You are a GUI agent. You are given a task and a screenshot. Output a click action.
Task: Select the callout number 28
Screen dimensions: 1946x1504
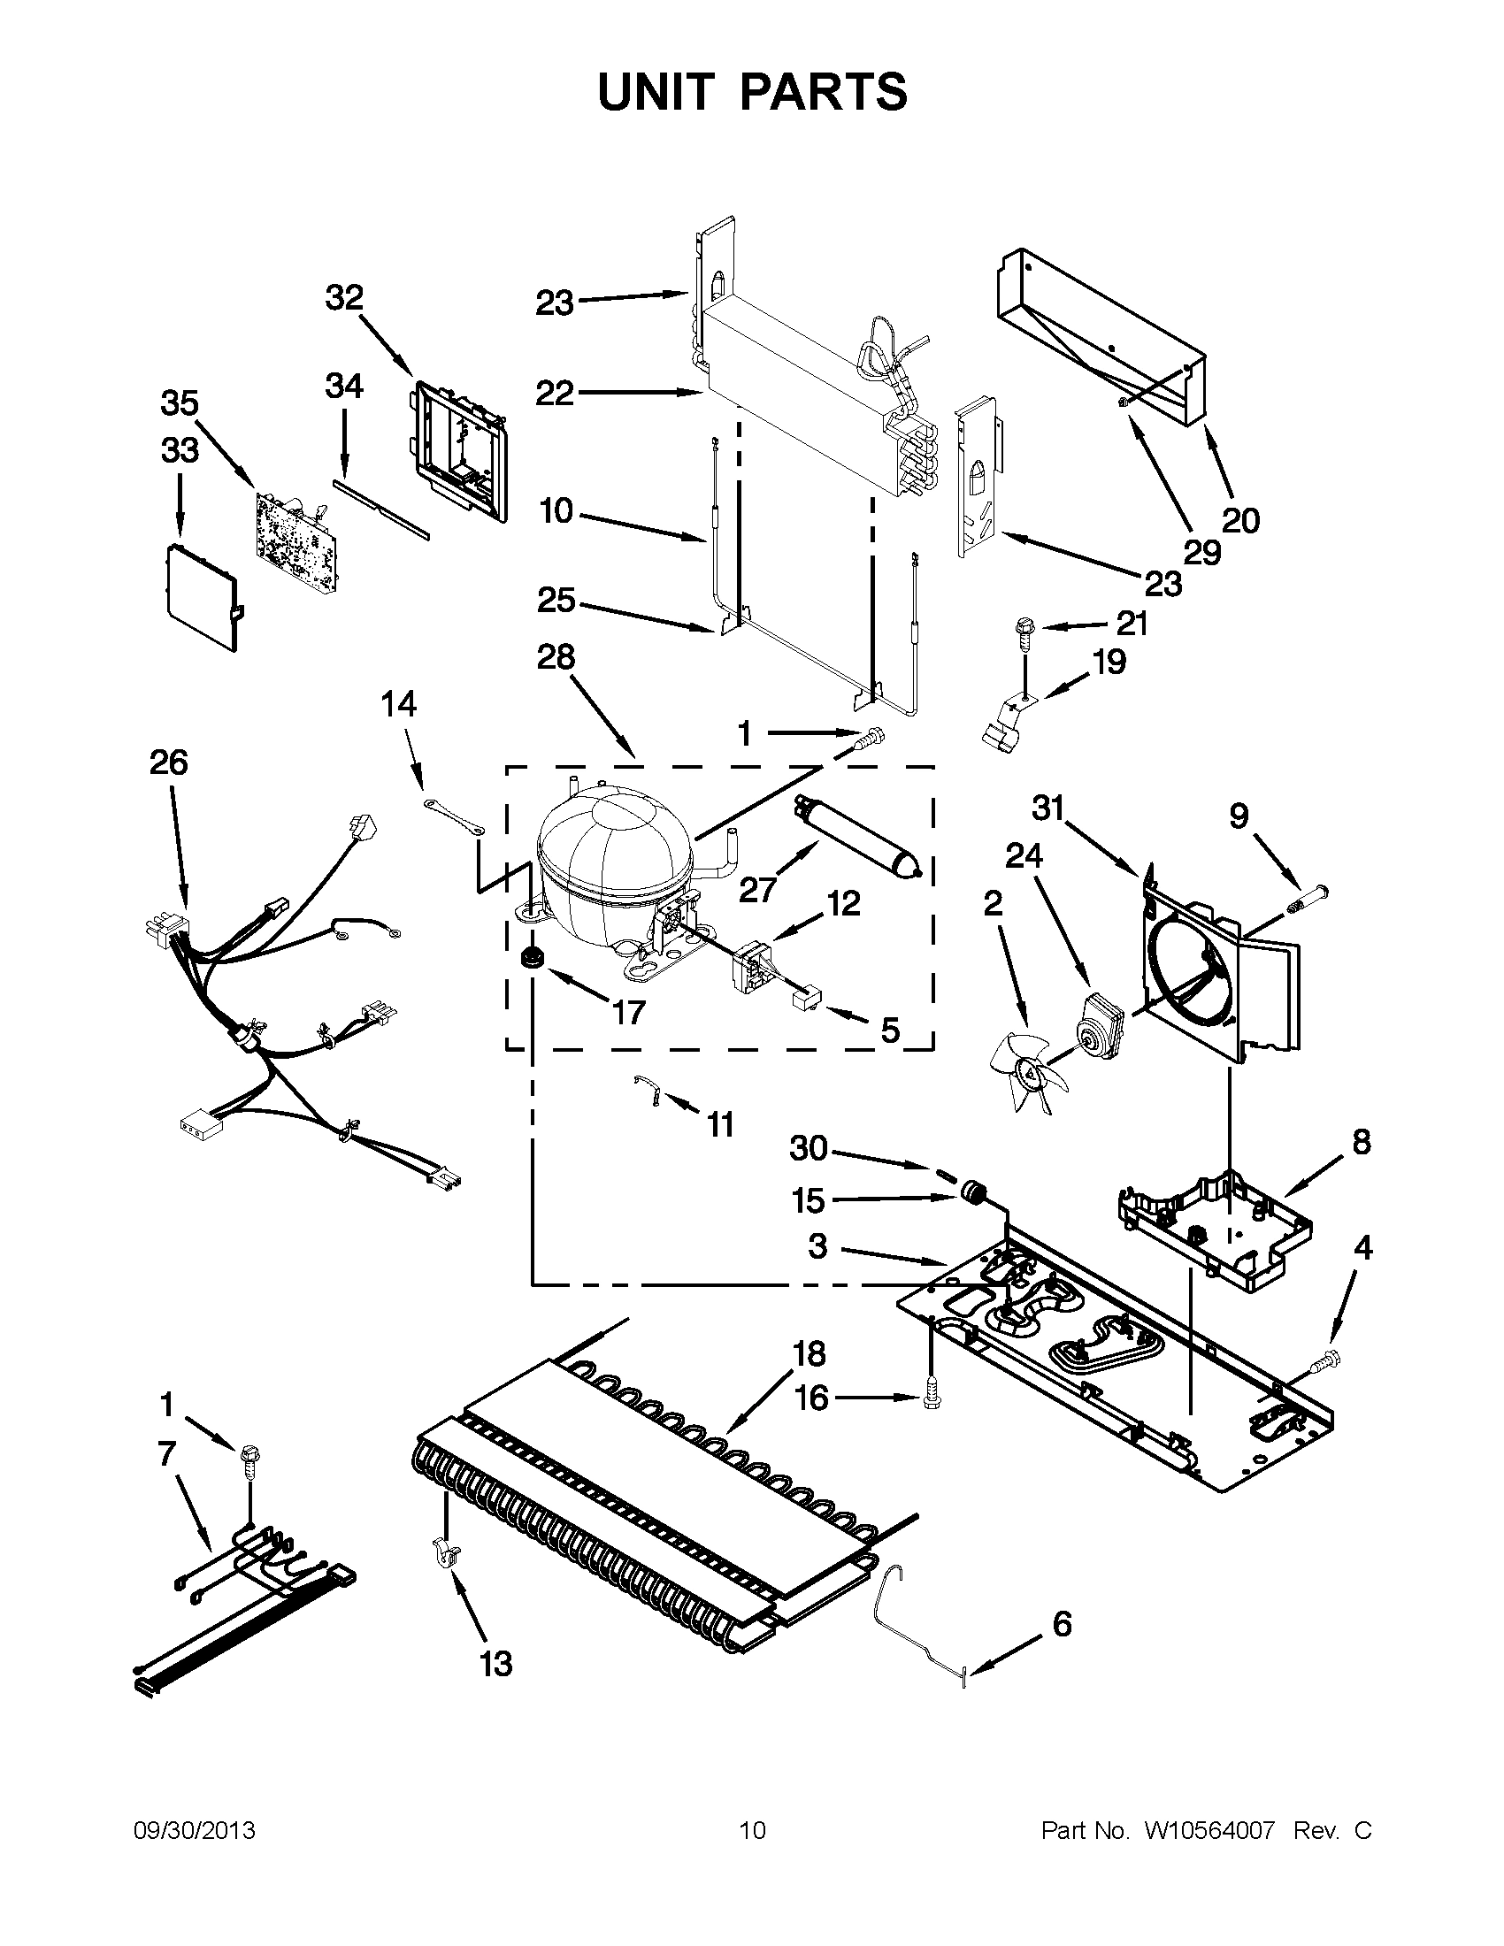tap(556, 657)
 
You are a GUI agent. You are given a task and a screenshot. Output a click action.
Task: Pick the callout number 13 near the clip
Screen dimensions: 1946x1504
tap(496, 1663)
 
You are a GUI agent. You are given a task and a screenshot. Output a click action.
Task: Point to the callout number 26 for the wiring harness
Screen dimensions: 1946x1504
tap(169, 762)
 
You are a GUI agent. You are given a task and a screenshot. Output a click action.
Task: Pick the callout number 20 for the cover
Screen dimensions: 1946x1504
tap(1240, 519)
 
